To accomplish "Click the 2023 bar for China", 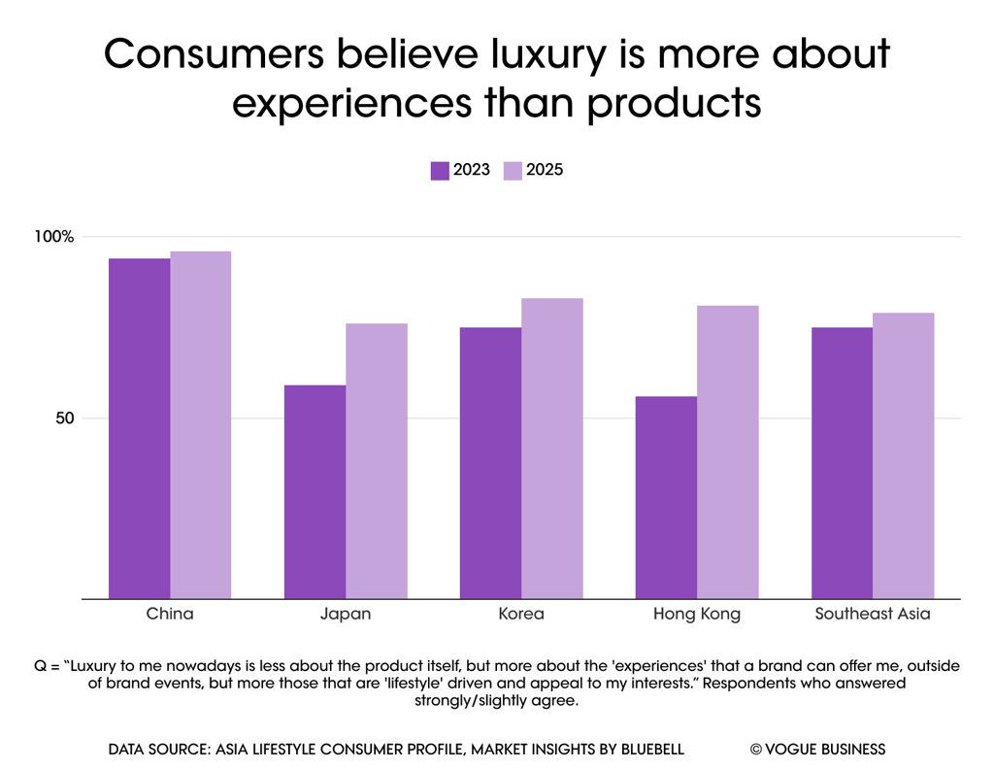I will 139,428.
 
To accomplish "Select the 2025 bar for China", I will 200,424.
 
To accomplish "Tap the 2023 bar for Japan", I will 315,491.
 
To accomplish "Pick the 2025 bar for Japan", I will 377,460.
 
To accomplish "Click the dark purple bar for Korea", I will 490,462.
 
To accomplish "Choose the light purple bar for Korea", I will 552,448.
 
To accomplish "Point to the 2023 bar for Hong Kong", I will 666,497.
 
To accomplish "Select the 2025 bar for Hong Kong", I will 728,451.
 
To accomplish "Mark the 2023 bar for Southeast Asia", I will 842,462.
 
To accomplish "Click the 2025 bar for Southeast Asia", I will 904,455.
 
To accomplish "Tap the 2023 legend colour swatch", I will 440,171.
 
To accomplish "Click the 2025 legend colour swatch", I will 513,171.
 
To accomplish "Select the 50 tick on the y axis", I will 64,418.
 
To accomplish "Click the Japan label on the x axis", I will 346,615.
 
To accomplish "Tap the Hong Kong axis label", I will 697,615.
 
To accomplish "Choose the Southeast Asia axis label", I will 873,615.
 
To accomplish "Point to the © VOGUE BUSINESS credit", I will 817,749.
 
